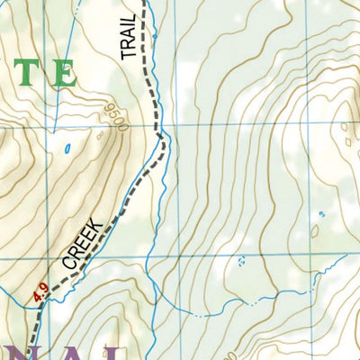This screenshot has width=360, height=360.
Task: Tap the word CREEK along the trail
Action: click(82, 245)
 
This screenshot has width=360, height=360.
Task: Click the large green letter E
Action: click(62, 74)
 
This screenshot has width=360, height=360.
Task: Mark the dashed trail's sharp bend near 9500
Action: click(163, 137)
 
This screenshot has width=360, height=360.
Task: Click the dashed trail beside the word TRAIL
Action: click(149, 40)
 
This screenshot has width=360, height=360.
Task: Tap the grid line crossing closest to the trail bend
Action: click(175, 125)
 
